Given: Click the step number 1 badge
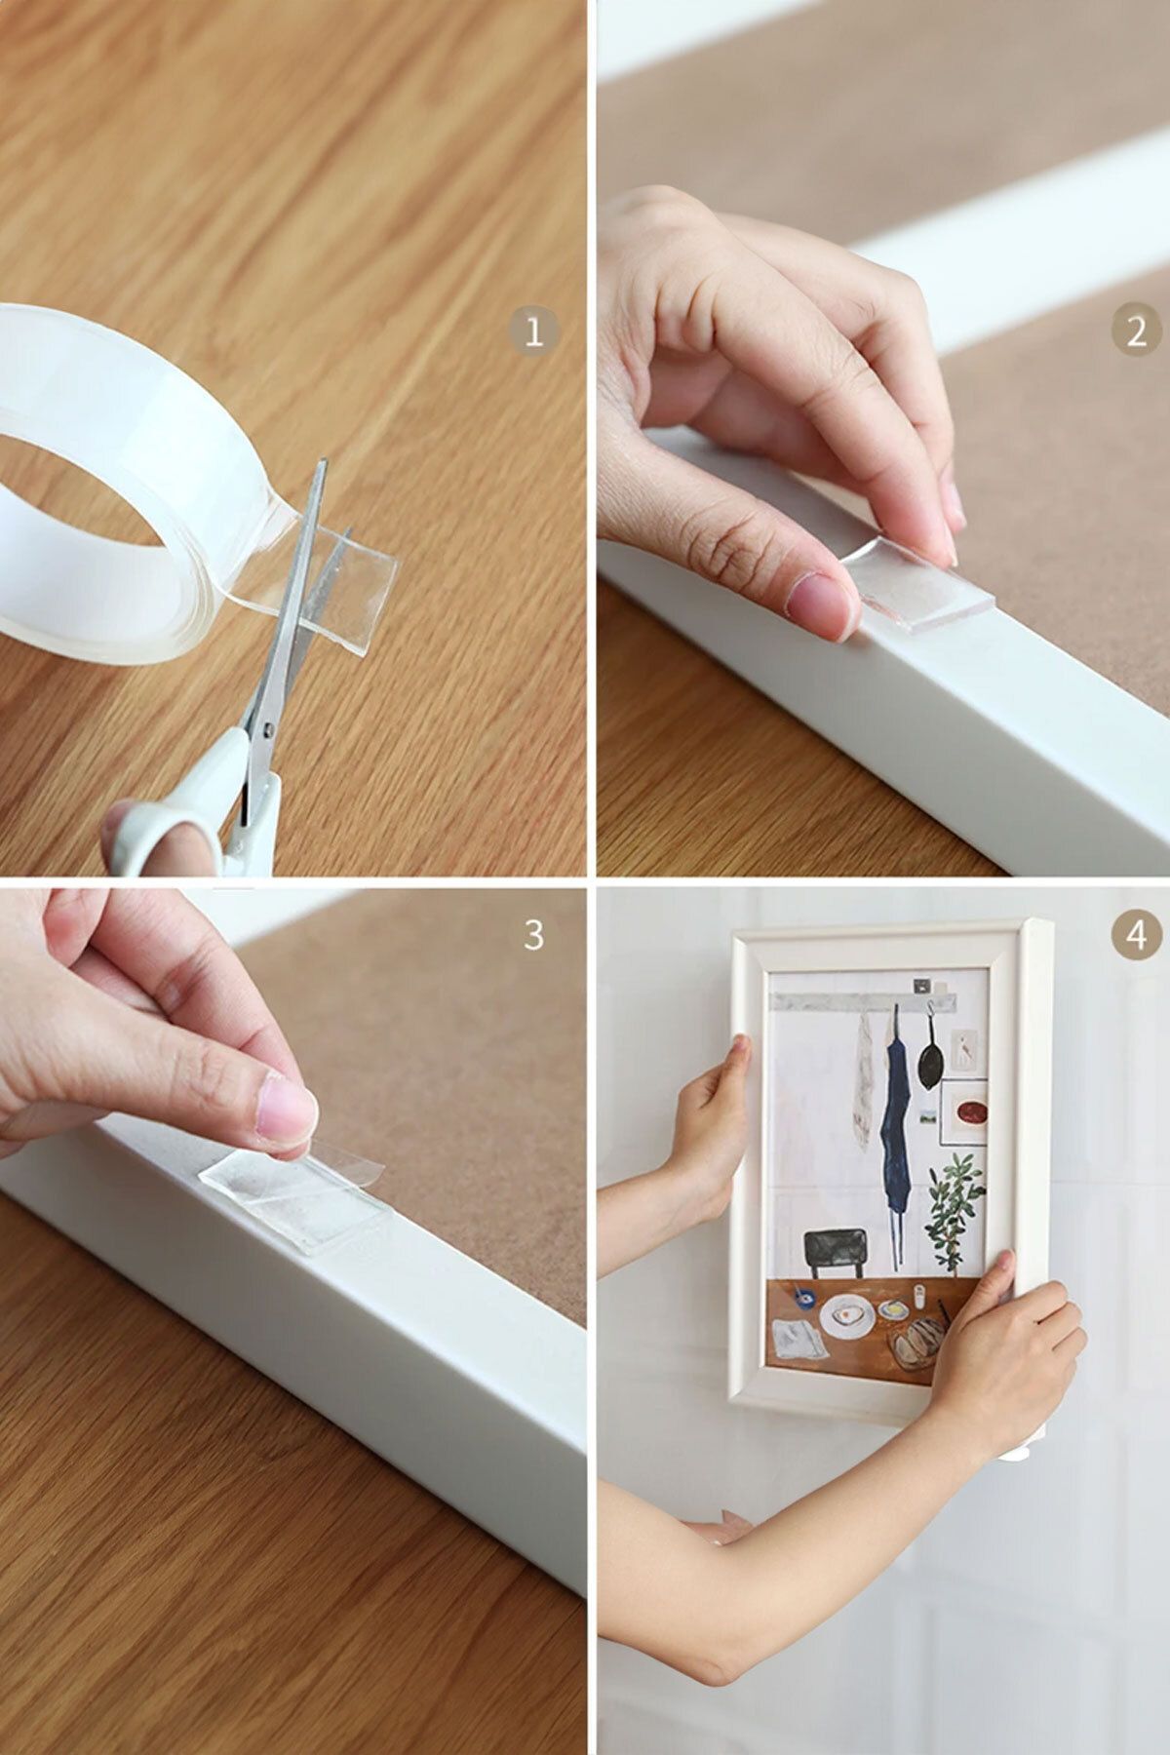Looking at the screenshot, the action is click(x=533, y=333).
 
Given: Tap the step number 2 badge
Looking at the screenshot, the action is click(x=1135, y=333).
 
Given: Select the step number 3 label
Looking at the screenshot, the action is click(x=533, y=934).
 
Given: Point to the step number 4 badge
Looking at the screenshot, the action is click(x=1135, y=934).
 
